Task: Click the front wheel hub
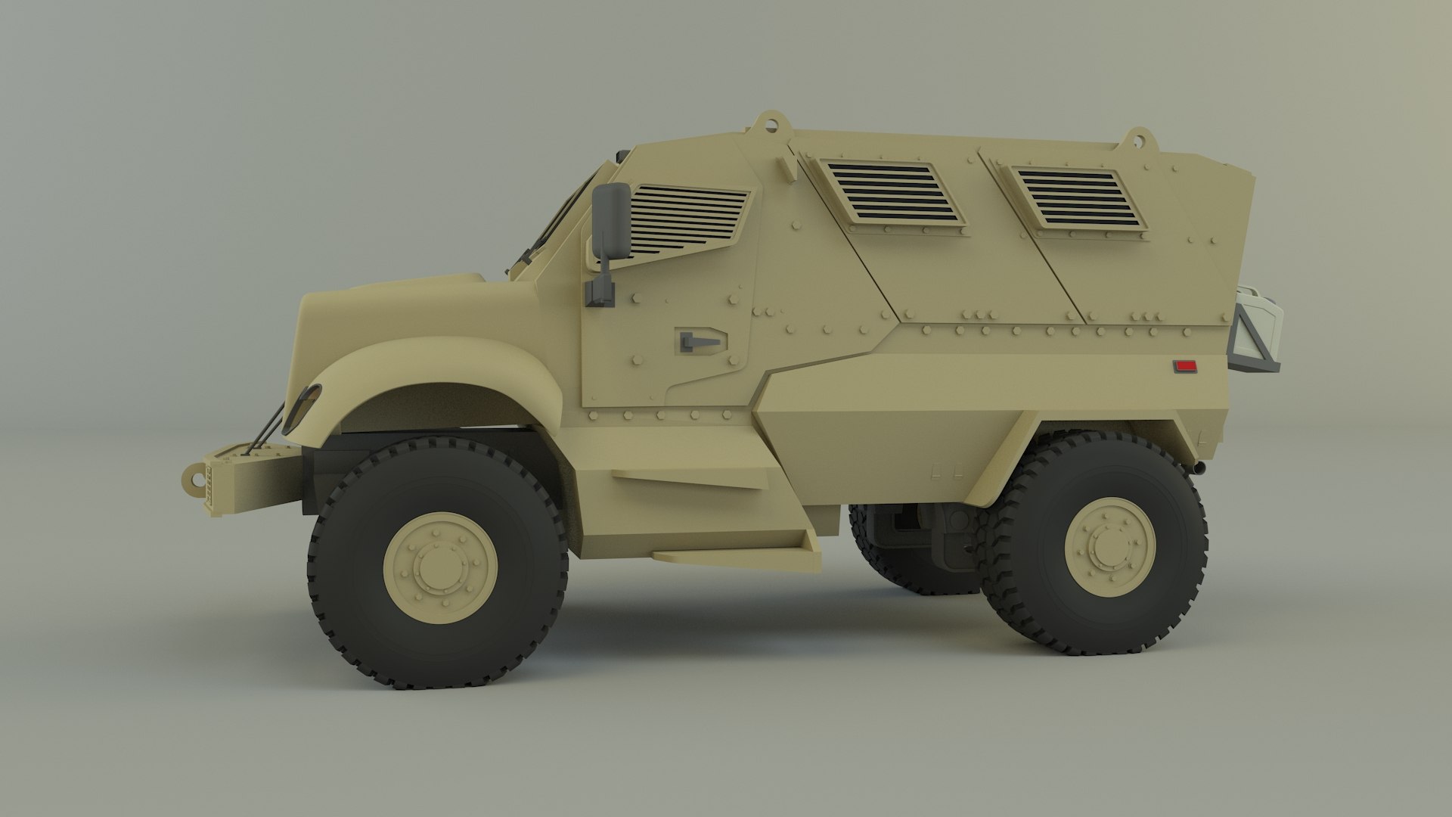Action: click(x=439, y=567)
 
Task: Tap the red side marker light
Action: click(x=1184, y=367)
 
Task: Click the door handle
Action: click(x=700, y=340)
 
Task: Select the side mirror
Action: click(x=610, y=220)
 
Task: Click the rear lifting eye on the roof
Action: click(x=1137, y=139)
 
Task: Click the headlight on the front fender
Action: click(x=303, y=405)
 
